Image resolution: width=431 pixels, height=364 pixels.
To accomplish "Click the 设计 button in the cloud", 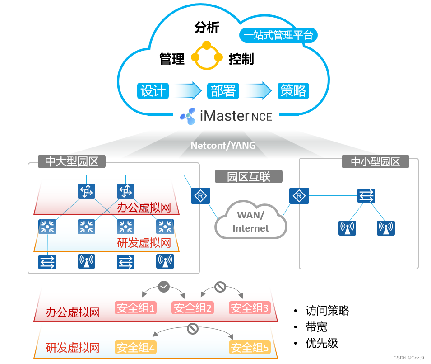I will [x=153, y=91].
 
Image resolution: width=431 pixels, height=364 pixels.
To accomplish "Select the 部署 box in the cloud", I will [x=222, y=91].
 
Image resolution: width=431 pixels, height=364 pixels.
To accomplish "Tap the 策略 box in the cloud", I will [x=293, y=91].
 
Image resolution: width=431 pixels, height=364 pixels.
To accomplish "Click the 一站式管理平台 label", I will [x=278, y=35].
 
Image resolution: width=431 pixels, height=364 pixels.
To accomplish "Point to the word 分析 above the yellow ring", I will [x=207, y=28].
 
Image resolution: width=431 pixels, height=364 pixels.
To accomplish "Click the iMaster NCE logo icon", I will [x=188, y=116].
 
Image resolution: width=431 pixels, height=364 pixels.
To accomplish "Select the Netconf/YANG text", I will [x=223, y=145].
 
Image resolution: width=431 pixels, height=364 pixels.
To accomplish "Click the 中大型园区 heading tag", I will [x=72, y=161].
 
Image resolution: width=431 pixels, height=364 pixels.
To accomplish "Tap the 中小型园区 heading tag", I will [x=375, y=161].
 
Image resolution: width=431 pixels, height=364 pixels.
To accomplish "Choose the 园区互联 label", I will [x=249, y=176].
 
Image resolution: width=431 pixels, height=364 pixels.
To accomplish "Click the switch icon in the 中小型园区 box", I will [x=366, y=196].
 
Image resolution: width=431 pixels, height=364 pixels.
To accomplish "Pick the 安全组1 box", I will [x=135, y=308].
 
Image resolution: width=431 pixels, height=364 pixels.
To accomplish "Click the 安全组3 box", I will [x=249, y=308].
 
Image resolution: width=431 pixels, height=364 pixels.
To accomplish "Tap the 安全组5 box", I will [x=250, y=348].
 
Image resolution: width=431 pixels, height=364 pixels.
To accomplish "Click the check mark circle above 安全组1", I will [x=164, y=286].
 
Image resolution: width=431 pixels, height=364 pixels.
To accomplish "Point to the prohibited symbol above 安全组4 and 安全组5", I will [x=193, y=328].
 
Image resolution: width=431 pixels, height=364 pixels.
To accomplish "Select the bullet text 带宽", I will [x=316, y=327].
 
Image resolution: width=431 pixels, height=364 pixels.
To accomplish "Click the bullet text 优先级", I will [x=322, y=343].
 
